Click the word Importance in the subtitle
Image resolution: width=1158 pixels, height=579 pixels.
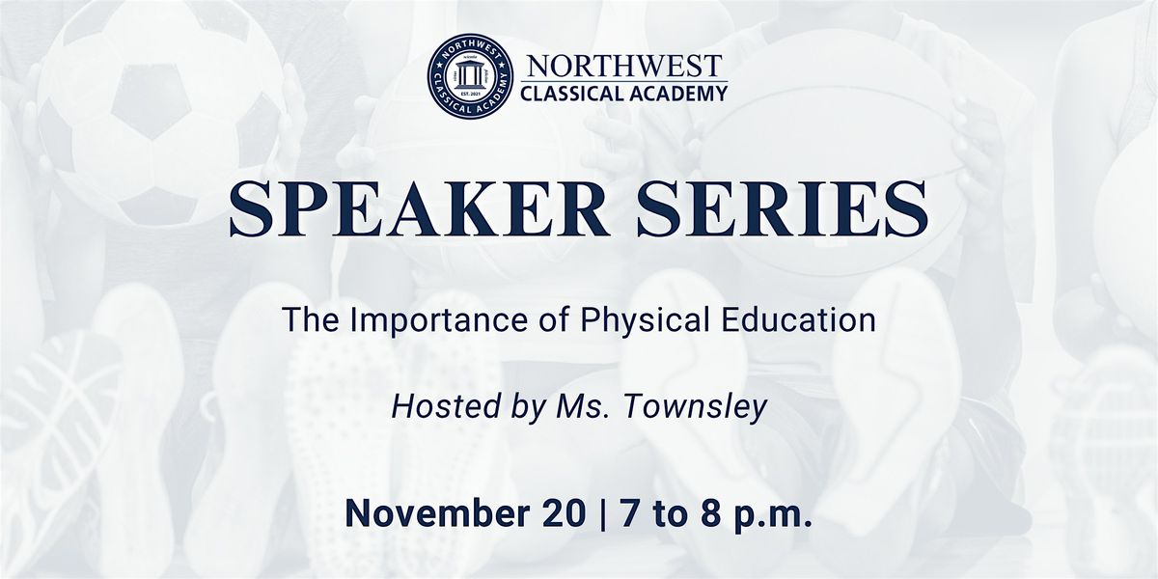pyautogui.click(x=417, y=322)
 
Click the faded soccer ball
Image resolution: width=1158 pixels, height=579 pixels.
pyautogui.click(x=164, y=106)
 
